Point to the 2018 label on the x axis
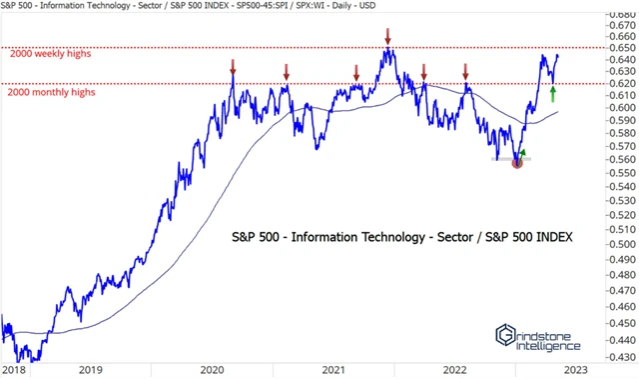(x=15, y=369)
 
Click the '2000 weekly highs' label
(x=50, y=54)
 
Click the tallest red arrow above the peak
(x=387, y=36)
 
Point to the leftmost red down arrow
(x=233, y=68)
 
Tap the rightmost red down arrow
(x=465, y=71)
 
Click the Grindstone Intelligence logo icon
(x=505, y=336)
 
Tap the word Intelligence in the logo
(x=548, y=346)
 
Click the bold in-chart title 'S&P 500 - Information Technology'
(x=355, y=237)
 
